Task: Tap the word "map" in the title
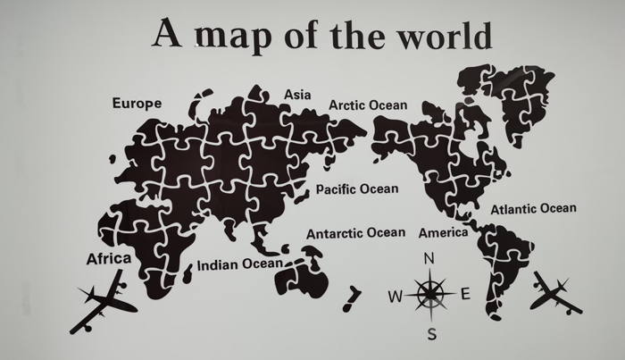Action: tap(235, 36)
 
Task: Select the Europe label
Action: tap(137, 104)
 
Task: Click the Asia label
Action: tap(297, 95)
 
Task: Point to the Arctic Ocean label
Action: tap(367, 105)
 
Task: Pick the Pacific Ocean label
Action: tap(357, 189)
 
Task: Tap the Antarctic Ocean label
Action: tap(355, 233)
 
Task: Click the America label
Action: tap(443, 233)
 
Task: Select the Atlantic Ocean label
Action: tap(533, 209)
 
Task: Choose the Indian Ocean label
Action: tap(239, 264)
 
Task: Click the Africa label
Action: tap(108, 259)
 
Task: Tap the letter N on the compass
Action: tap(429, 259)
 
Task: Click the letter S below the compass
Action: tap(431, 335)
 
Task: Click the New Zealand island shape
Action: tap(353, 295)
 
